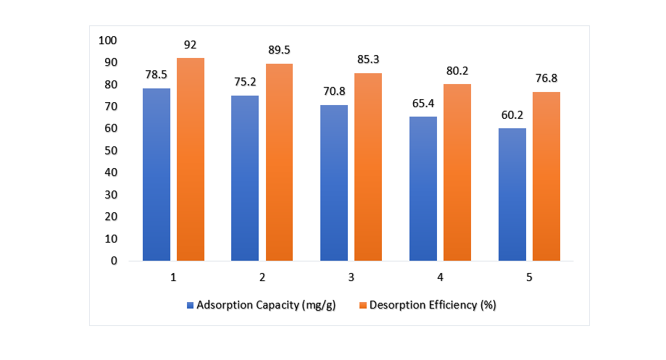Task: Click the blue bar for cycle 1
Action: (x=157, y=175)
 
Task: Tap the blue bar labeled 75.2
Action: (x=245, y=178)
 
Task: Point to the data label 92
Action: (x=191, y=45)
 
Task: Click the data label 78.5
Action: (x=157, y=75)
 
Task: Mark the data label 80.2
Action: (x=457, y=71)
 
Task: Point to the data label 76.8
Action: (x=546, y=78)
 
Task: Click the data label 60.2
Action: (x=512, y=114)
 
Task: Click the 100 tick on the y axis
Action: (x=107, y=41)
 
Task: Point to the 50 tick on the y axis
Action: (x=110, y=151)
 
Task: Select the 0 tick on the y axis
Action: (x=113, y=261)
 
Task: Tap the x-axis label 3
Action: (x=351, y=277)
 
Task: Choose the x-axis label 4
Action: (x=441, y=277)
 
